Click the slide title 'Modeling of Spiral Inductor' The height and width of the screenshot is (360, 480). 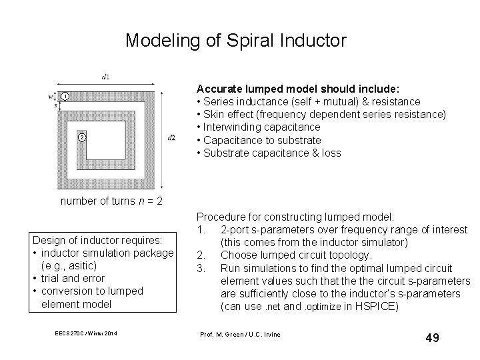click(236, 41)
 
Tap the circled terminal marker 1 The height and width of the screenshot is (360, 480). click(65, 97)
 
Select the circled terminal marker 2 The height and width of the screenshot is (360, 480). click(81, 137)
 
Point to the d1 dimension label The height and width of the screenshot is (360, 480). click(106, 77)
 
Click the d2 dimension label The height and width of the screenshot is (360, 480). click(172, 137)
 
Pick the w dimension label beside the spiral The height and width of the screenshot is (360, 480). click(51, 97)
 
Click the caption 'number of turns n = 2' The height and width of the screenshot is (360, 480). click(111, 201)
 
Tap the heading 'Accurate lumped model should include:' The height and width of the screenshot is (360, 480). click(297, 88)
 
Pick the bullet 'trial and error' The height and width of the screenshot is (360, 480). click(73, 278)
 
